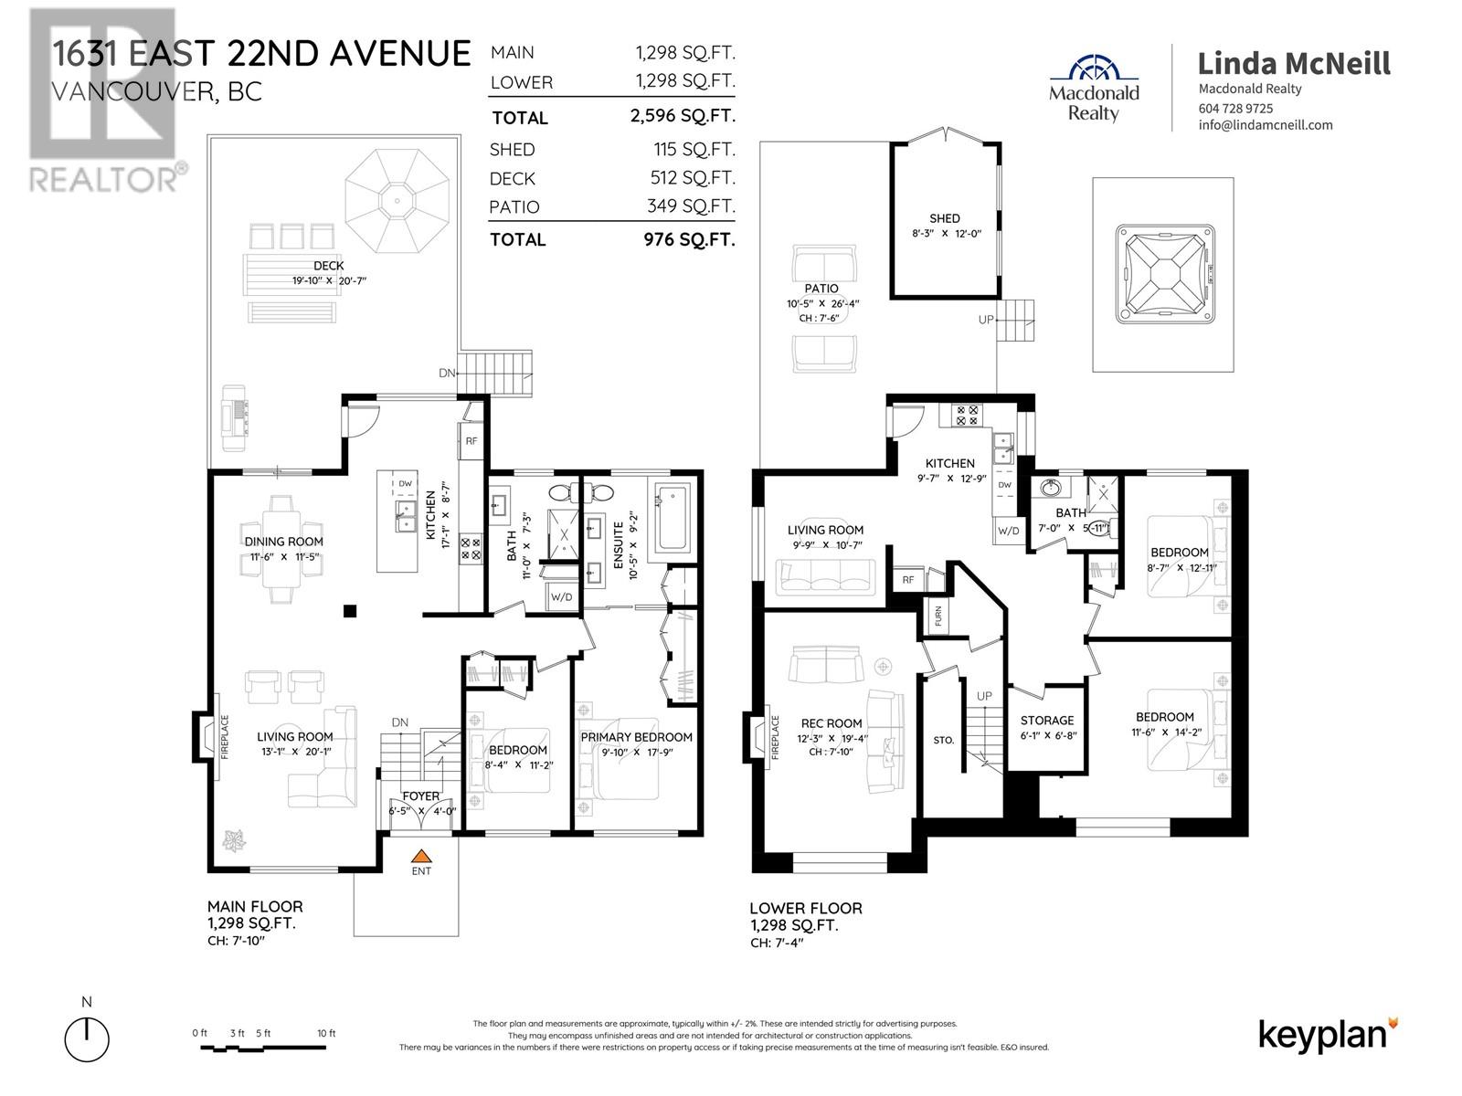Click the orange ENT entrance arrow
tap(420, 857)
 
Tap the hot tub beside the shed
tap(1163, 275)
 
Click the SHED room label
tap(944, 218)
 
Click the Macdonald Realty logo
tap(1094, 88)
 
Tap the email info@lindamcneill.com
tap(1265, 125)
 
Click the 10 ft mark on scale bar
tap(326, 1033)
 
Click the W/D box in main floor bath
tap(561, 597)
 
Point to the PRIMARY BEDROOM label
tap(637, 737)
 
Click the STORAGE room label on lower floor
tap(1047, 721)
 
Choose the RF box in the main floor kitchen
tap(471, 441)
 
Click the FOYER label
tap(420, 796)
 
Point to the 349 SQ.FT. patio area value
tap(691, 206)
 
